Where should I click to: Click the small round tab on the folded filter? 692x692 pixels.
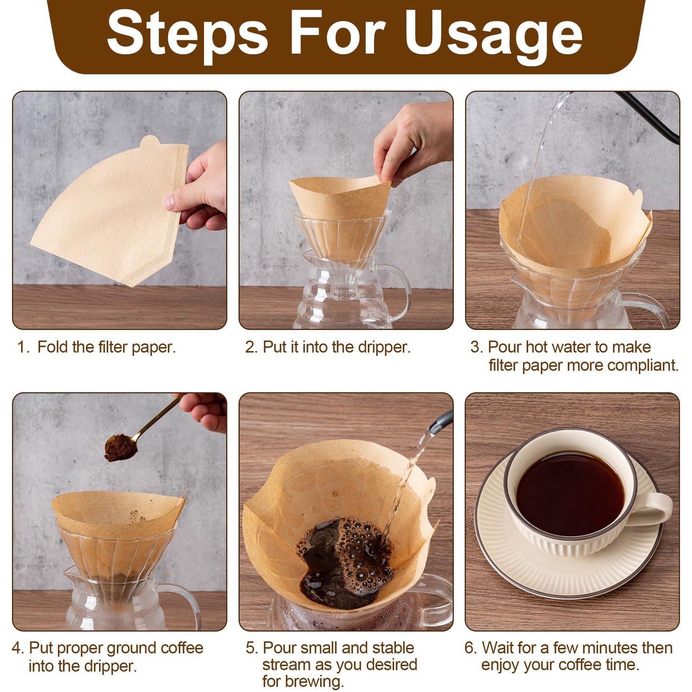[150, 141]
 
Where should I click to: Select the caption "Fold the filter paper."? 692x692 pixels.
[106, 347]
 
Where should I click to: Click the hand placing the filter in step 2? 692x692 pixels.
[412, 144]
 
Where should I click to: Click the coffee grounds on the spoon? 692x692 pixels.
[120, 447]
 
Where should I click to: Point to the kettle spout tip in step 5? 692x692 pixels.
[434, 429]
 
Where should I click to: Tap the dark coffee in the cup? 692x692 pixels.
[570, 493]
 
